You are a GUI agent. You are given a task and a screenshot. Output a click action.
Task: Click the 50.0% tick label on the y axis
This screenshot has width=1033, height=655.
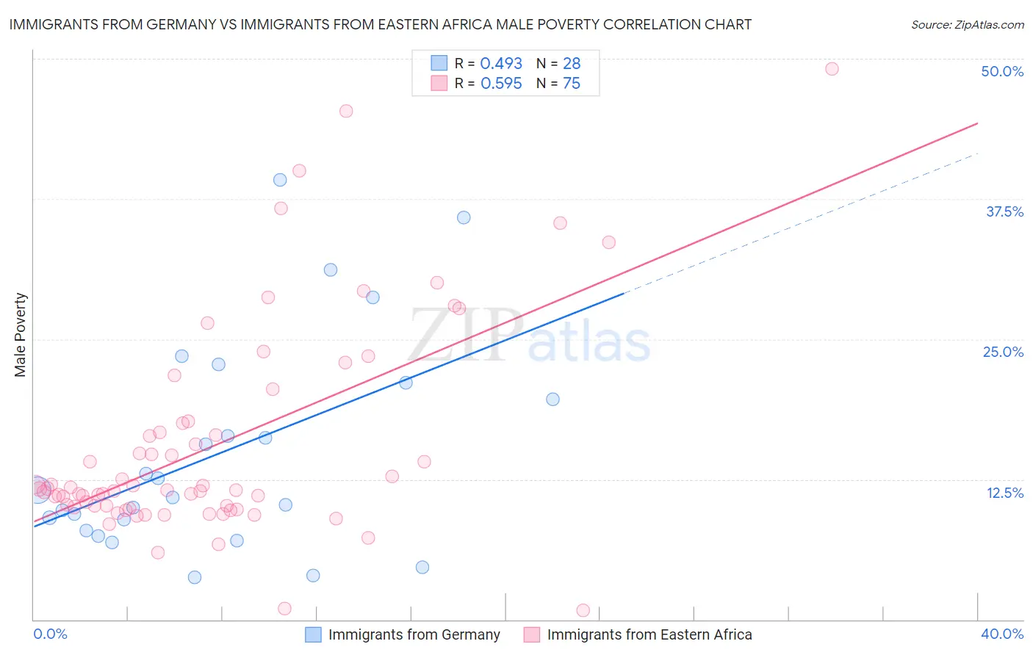(1002, 71)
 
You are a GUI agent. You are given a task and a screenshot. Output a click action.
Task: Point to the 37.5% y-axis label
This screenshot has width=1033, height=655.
(1004, 211)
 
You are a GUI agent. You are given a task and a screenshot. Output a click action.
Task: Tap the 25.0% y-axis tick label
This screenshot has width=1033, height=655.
(1003, 352)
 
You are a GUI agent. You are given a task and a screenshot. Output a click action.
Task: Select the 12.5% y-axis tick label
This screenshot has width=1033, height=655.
(1004, 493)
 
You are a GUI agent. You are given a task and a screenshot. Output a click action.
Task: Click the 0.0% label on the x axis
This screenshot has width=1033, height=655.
(50, 634)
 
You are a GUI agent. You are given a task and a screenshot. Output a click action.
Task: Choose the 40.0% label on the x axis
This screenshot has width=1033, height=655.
(1002, 634)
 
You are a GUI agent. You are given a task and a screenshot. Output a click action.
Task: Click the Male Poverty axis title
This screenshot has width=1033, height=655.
(21, 335)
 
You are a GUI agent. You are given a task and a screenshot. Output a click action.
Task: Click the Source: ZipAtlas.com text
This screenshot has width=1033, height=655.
(967, 24)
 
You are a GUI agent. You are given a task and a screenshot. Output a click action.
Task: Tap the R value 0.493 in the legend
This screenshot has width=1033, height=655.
(501, 63)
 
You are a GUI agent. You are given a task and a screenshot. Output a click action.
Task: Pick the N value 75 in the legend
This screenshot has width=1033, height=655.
(571, 83)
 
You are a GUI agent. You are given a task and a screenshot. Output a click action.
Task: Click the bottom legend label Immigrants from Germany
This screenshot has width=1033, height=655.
(414, 634)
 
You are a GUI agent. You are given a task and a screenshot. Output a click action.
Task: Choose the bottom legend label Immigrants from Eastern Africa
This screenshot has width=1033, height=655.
(649, 634)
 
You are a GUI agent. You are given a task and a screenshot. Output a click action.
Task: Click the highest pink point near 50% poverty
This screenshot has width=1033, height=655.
(832, 69)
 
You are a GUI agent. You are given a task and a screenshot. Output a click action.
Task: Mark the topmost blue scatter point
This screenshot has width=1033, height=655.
(280, 180)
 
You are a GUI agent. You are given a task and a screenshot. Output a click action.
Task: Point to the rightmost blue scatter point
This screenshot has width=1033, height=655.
(553, 399)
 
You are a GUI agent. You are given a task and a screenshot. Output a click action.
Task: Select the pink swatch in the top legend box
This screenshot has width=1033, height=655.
(439, 83)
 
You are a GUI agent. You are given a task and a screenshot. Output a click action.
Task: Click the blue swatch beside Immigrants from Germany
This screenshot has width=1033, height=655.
(313, 634)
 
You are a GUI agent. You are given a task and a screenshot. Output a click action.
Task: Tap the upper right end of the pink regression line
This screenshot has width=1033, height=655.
(977, 123)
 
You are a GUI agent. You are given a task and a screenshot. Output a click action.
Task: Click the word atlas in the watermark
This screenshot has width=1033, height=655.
(589, 342)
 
